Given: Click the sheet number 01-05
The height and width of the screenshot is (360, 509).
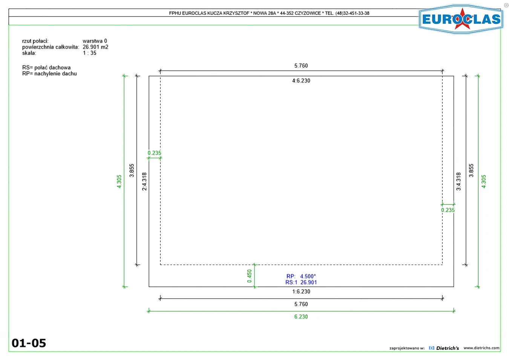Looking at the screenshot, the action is (x=29, y=343).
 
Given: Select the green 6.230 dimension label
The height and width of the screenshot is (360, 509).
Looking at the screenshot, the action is (x=301, y=317).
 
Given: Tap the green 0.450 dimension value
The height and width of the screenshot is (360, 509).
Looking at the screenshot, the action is (x=250, y=276).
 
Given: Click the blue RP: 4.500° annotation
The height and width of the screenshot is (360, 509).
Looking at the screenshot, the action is (x=301, y=276).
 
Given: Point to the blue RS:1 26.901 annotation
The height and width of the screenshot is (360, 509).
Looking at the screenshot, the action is (x=301, y=282).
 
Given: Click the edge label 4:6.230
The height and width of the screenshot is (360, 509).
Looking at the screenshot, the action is (x=301, y=81).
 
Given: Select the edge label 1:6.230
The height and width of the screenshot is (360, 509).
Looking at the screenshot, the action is (x=301, y=291).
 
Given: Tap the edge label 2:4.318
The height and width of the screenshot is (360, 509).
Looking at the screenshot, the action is (x=144, y=181).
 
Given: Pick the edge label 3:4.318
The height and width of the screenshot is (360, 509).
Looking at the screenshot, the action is (x=458, y=181).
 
